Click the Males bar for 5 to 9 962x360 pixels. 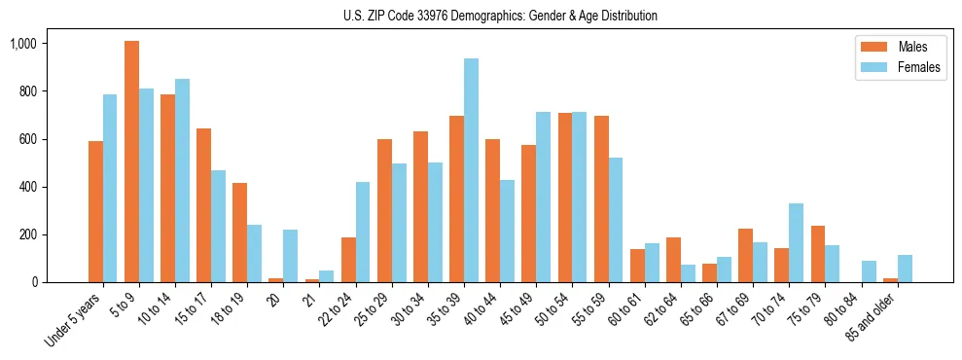click(131, 162)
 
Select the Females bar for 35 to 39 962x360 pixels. click(471, 170)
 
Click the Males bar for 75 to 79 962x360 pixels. click(818, 254)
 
